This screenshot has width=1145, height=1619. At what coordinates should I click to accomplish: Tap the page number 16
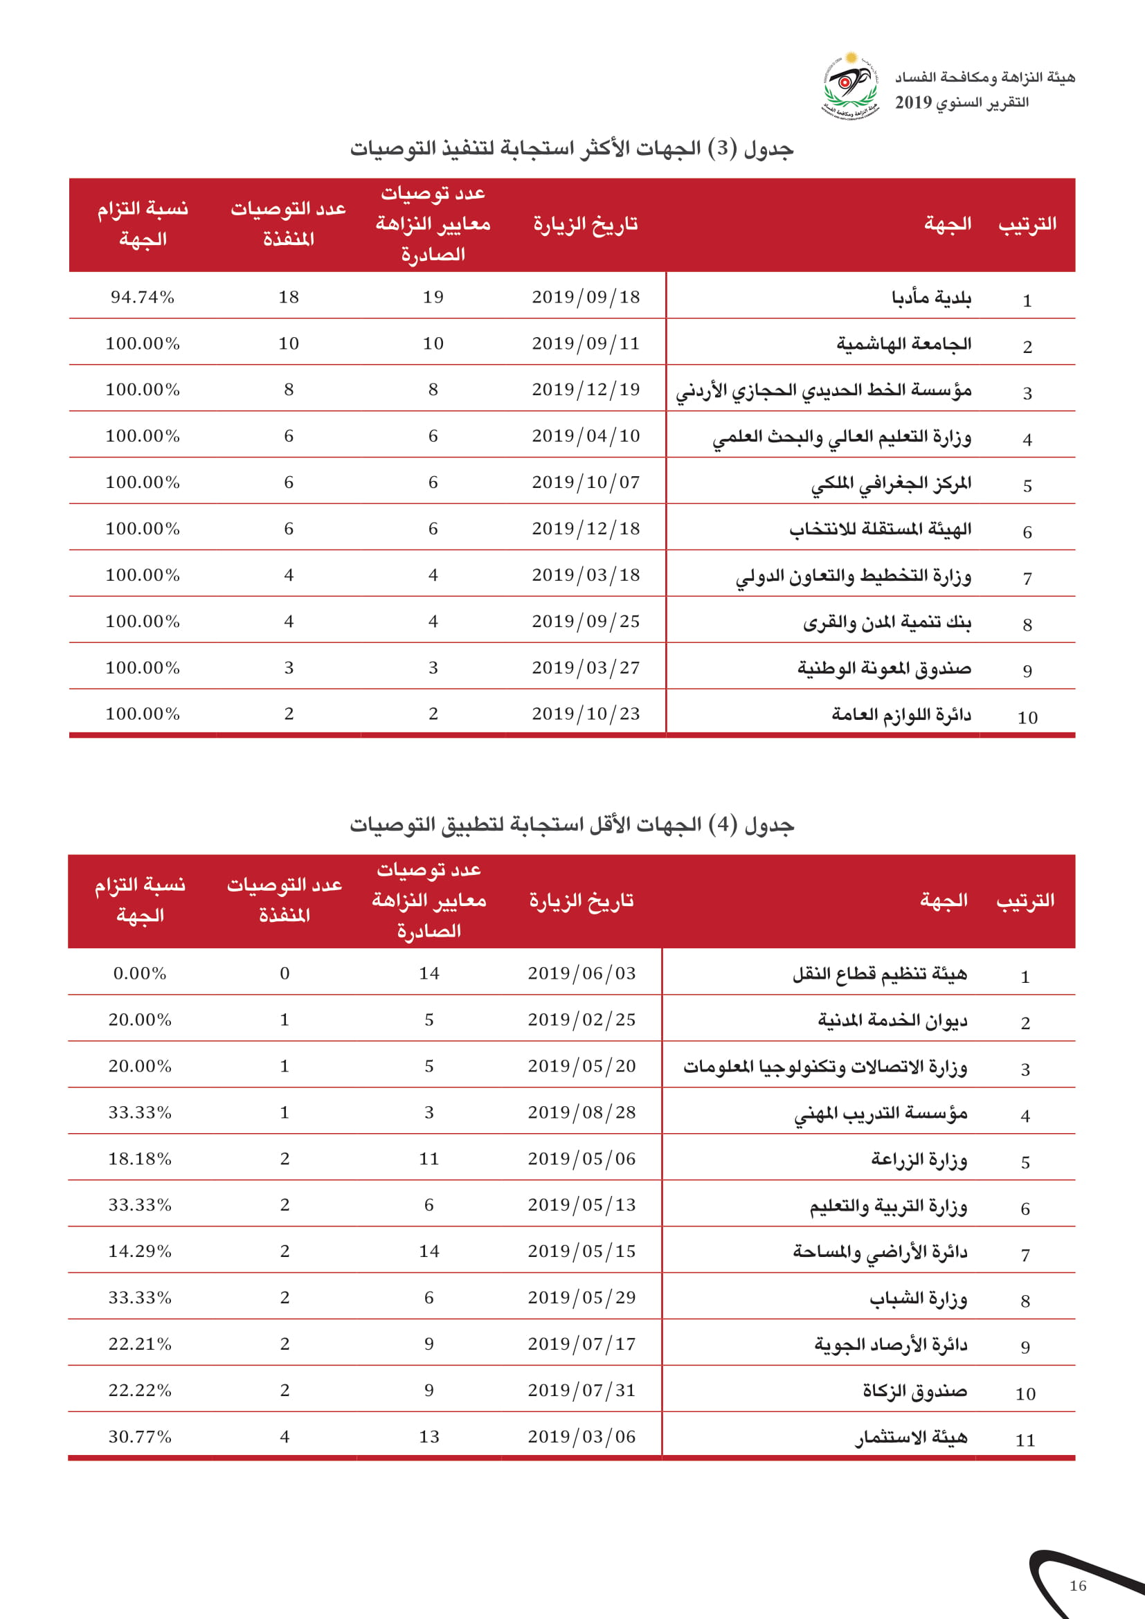[x=1077, y=1585]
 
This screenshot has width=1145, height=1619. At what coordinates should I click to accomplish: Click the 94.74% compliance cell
[x=143, y=297]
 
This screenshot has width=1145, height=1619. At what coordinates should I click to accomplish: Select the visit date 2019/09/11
[x=585, y=343]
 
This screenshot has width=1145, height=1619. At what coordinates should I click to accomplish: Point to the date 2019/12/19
[x=585, y=389]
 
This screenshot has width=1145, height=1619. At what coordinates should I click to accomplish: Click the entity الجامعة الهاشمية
[x=903, y=344]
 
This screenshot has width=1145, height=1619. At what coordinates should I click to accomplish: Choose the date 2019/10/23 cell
[x=585, y=714]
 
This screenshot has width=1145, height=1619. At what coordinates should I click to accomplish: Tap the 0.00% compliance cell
[x=140, y=973]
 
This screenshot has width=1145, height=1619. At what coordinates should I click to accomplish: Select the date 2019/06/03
[x=581, y=973]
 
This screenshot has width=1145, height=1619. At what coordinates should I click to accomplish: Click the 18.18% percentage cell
[x=140, y=1159]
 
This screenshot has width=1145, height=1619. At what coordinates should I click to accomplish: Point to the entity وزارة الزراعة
[x=919, y=1159]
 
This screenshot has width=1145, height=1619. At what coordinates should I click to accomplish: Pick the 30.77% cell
[x=140, y=1436]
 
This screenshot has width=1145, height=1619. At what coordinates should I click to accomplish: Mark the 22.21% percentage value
[x=140, y=1344]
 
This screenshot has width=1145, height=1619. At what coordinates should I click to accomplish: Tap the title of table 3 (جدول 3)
[x=572, y=149]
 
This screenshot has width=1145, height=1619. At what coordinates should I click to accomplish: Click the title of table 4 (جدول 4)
[x=572, y=824]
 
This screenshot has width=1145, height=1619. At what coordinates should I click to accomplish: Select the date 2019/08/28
[x=581, y=1112]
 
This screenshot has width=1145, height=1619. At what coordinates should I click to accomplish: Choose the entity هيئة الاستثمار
[x=911, y=1437]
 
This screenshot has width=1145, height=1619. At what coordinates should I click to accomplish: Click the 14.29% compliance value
[x=140, y=1251]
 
